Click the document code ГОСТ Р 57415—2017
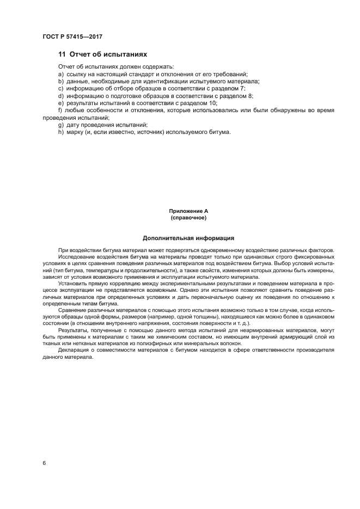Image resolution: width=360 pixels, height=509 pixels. click(72, 36)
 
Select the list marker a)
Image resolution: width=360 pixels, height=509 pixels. click(60, 74)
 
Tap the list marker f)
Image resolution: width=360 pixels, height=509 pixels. click(60, 110)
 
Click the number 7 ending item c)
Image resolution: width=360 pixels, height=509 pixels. click(243, 88)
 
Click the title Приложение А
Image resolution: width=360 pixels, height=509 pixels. click(188, 211)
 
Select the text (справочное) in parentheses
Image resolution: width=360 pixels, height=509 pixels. click(188, 218)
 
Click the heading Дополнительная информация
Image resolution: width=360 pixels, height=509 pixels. click(188, 238)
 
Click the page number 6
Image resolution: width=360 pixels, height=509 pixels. click(44, 463)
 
